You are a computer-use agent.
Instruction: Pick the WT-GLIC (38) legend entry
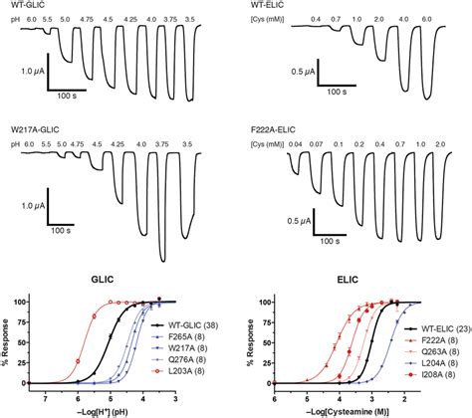186,325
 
